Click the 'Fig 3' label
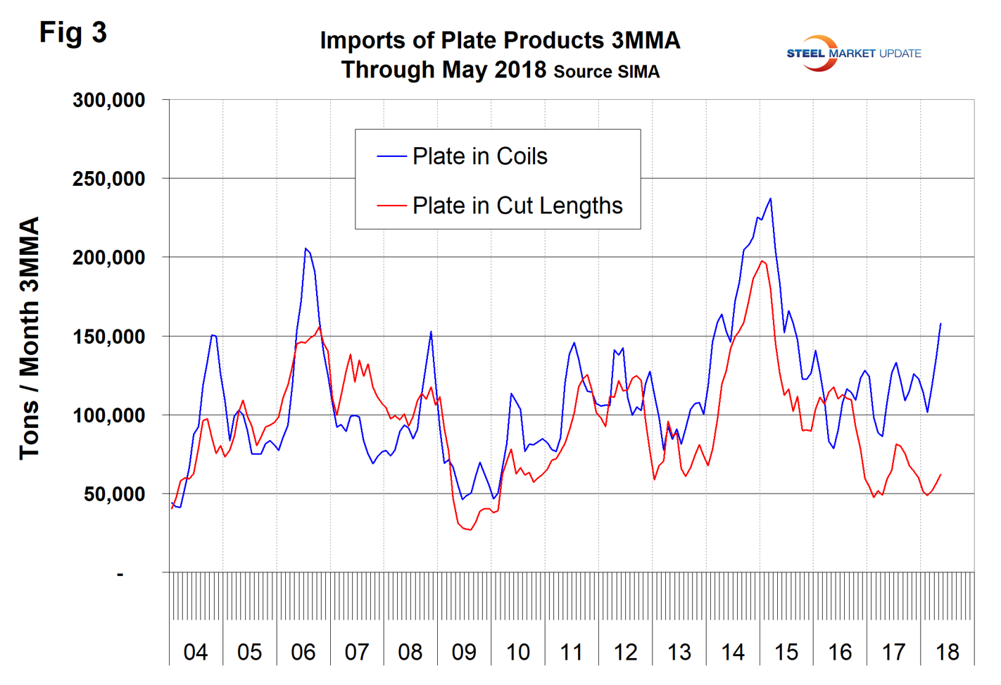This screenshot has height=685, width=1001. click(x=73, y=32)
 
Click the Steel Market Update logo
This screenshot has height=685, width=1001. click(x=852, y=54)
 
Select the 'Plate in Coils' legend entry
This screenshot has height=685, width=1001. click(x=479, y=156)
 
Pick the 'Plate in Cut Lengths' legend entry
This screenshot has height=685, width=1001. click(x=517, y=206)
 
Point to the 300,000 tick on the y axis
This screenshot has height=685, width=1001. click(x=108, y=100)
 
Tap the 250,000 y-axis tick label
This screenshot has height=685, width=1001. click(x=108, y=179)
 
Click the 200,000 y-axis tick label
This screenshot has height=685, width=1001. click(x=108, y=258)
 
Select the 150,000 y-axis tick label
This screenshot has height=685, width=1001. click(x=108, y=337)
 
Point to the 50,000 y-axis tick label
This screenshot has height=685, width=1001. click(x=114, y=494)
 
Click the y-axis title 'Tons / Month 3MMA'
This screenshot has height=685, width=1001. click(x=30, y=338)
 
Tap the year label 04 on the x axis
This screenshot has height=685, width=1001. click(x=196, y=653)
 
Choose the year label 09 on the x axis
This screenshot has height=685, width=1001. click(x=464, y=653)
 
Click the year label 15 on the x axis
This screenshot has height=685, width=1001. click(x=786, y=653)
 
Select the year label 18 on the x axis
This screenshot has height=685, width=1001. click(x=948, y=653)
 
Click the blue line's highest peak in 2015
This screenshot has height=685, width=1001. click(x=771, y=199)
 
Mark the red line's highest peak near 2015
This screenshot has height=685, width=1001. click(x=762, y=260)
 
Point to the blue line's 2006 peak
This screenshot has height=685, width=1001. click(x=306, y=249)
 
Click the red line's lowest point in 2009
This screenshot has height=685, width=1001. click(x=470, y=529)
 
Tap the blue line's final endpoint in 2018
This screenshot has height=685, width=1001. click(x=940, y=324)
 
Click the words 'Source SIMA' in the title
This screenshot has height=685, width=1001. click(x=607, y=72)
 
